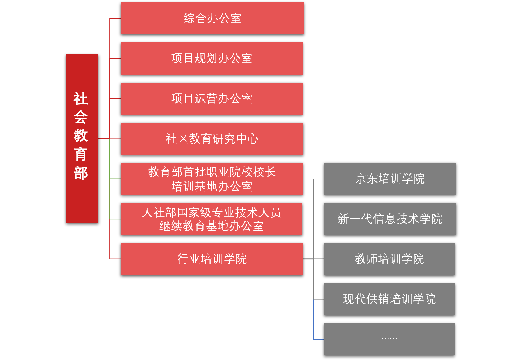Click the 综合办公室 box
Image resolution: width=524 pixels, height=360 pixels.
click(x=212, y=18)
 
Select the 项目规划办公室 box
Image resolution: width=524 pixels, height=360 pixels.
click(x=212, y=58)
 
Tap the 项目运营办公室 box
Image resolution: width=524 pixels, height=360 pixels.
click(x=212, y=98)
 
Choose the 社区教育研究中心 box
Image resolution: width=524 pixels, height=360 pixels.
click(x=212, y=139)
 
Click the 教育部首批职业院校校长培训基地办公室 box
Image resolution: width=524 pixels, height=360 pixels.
click(x=212, y=179)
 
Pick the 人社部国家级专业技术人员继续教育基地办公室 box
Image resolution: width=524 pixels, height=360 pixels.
click(x=211, y=219)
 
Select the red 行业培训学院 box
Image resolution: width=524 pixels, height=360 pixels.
click(x=212, y=259)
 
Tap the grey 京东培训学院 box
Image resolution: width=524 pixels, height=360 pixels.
click(x=390, y=179)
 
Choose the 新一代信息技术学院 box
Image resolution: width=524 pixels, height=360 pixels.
click(x=390, y=219)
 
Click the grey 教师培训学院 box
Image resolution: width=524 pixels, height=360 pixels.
click(x=389, y=259)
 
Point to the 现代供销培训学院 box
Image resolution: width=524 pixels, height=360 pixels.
click(x=389, y=299)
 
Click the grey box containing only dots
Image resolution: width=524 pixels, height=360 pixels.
click(x=389, y=339)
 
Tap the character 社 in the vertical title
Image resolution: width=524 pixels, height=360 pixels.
click(x=81, y=99)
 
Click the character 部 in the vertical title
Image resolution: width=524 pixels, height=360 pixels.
click(x=81, y=173)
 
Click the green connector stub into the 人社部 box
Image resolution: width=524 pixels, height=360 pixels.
click(x=115, y=219)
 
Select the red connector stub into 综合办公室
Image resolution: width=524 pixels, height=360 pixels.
click(x=115, y=18)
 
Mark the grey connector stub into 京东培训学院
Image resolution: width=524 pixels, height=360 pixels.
click(x=319, y=179)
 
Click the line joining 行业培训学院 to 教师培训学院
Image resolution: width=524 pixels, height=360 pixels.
click(x=313, y=259)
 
